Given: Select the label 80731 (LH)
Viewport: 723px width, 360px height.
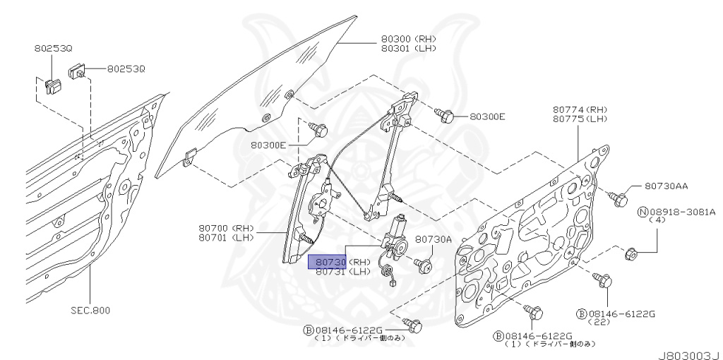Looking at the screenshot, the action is pos(342,272).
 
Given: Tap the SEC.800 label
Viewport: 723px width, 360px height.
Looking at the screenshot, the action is pos(90,310).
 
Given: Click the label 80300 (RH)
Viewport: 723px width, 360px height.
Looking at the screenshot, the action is pos(408,39).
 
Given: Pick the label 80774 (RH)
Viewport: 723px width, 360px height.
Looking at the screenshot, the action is pos(580,109).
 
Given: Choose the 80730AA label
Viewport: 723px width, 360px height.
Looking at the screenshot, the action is pos(666,186).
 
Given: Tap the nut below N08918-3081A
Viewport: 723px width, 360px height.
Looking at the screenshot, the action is pos(632,252).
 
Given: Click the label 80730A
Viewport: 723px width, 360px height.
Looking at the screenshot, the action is pos(433,239).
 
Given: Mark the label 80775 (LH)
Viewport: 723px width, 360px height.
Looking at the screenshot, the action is pos(580,119).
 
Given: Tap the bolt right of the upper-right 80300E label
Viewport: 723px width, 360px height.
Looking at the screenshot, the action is pos(446,115).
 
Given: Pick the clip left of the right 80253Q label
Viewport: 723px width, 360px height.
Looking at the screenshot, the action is pos(78,71).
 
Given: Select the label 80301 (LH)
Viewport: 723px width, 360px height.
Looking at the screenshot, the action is pos(408,48).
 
